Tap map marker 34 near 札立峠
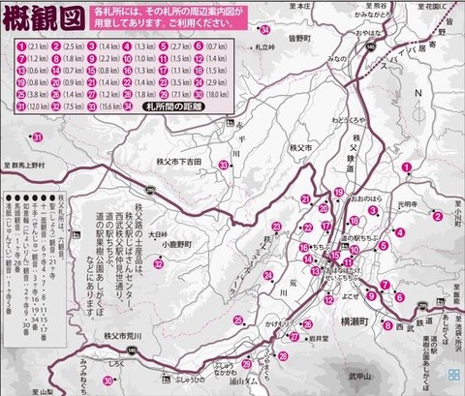[x=264, y=31]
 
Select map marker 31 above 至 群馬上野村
[x=37, y=138]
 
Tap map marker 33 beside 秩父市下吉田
[x=224, y=166]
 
